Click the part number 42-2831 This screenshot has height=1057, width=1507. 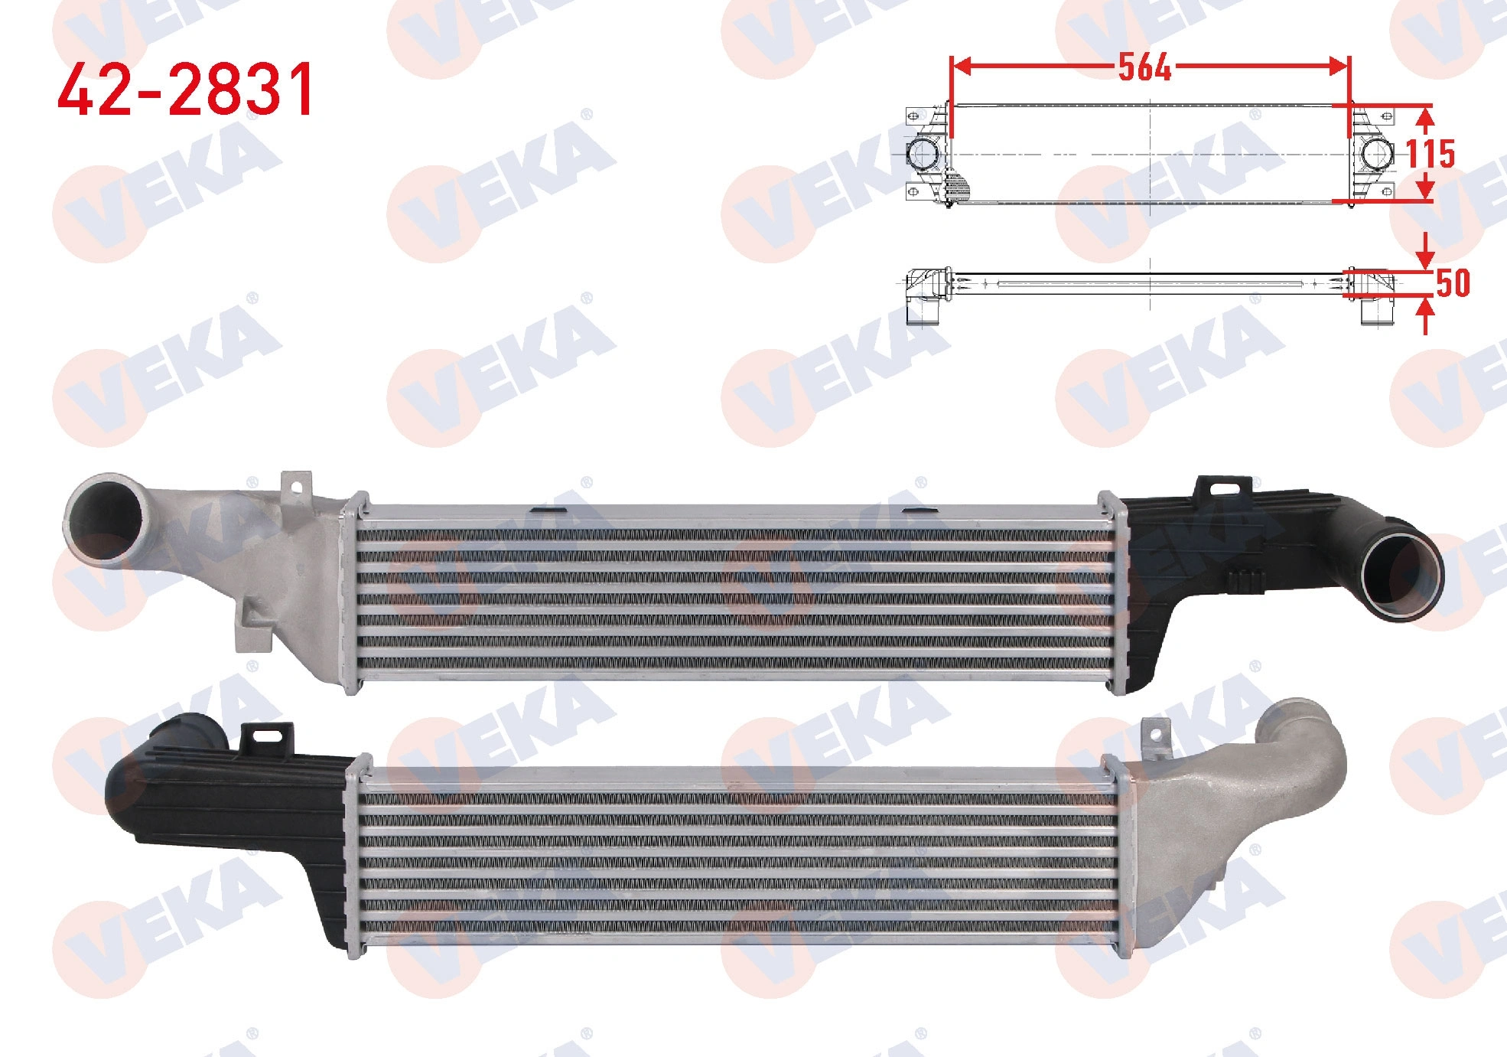186,90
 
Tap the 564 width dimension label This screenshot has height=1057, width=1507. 1144,67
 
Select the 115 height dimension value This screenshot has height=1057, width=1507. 1431,154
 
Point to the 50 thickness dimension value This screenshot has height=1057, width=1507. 1453,283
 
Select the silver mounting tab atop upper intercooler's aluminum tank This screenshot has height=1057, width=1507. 298,487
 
